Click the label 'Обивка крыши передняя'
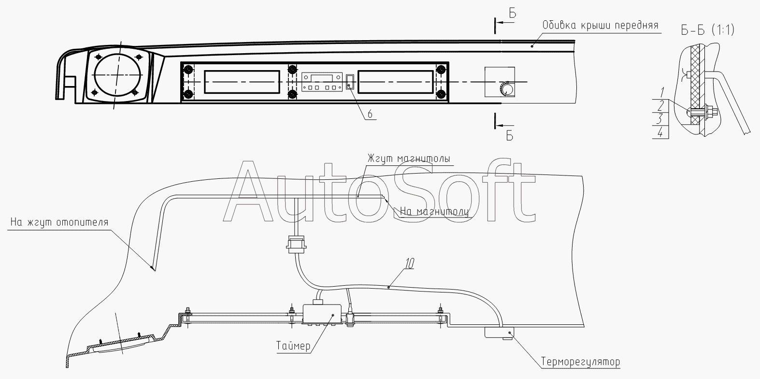pyautogui.click(x=600, y=26)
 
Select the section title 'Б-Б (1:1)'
pyautogui.click(x=708, y=30)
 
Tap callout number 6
pyautogui.click(x=370, y=114)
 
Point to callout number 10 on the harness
pyautogui.click(x=410, y=263)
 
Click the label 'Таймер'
pyautogui.click(x=293, y=346)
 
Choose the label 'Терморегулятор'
pyautogui.click(x=581, y=362)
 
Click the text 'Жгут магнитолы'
pyautogui.click(x=409, y=159)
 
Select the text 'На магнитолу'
pyautogui.click(x=434, y=212)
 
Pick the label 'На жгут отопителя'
pyautogui.click(x=59, y=222)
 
